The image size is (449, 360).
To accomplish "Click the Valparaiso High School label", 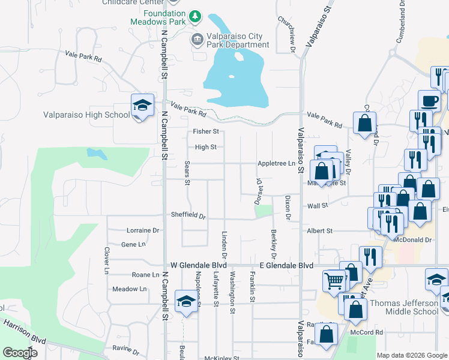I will (86, 115).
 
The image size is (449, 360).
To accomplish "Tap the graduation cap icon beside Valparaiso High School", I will (143, 106).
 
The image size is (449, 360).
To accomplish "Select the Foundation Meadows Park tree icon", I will (196, 16).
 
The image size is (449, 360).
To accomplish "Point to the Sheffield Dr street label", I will (188, 215).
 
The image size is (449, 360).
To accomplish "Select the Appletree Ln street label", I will (277, 163).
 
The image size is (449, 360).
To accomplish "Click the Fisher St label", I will (205, 131).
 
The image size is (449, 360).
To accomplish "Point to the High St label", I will (205, 147).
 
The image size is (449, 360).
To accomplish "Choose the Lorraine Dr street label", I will (142, 230).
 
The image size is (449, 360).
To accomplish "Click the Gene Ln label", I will (133, 244).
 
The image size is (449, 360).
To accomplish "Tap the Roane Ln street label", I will (145, 274).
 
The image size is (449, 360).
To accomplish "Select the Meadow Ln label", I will (130, 289).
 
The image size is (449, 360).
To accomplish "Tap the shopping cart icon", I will (334, 280).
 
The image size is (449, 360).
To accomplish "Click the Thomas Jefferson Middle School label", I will (403, 307).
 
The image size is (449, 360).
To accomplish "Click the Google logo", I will (20, 353).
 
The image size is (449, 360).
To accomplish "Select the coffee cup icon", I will (429, 100).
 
